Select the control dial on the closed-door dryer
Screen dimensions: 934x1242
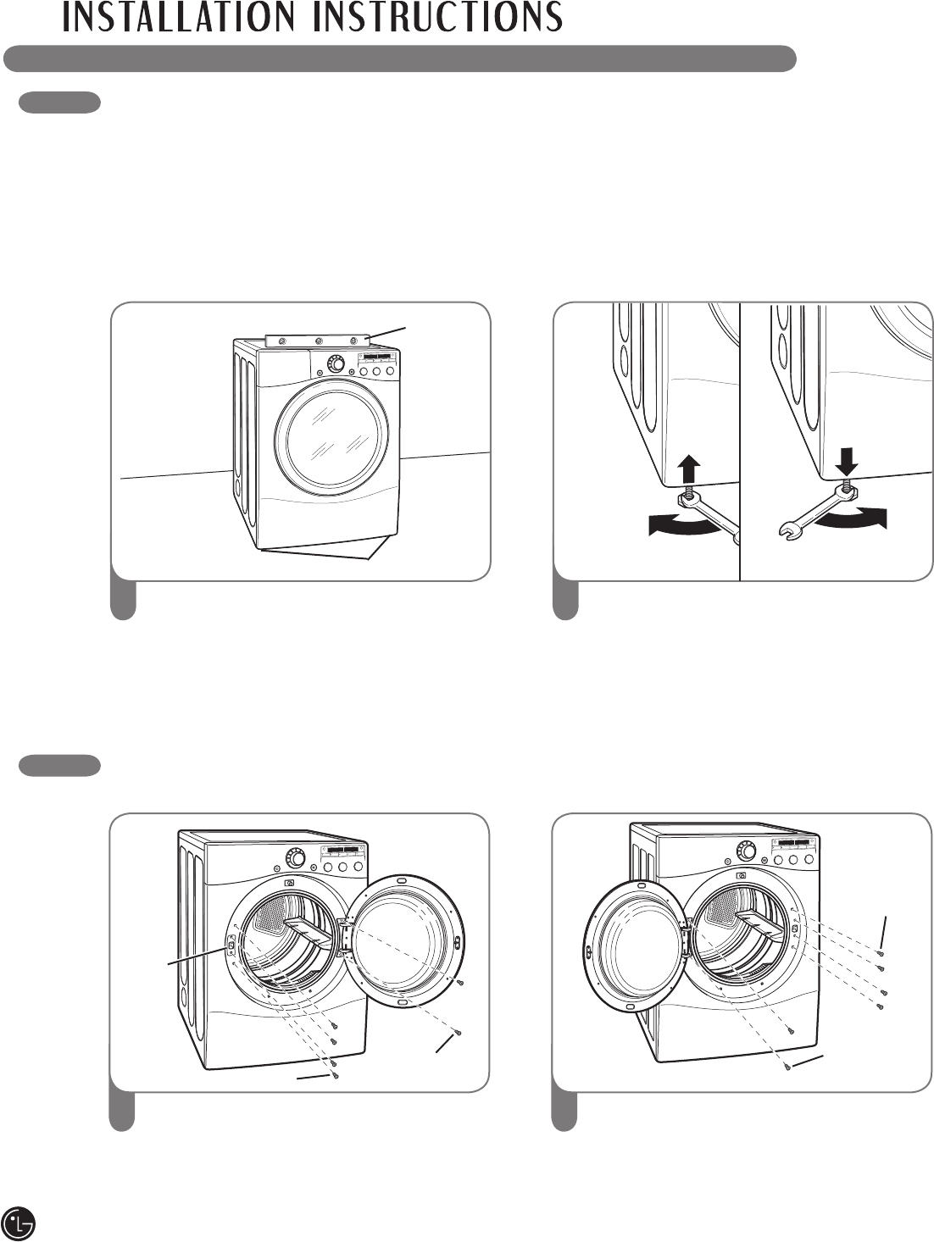tap(336, 364)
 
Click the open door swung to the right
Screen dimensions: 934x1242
tap(402, 940)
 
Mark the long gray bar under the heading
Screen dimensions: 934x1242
tap(399, 59)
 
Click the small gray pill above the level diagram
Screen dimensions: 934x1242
tap(60, 103)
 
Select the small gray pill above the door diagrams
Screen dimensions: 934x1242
tap(60, 766)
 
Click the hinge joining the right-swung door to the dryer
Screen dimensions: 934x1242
tap(345, 936)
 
